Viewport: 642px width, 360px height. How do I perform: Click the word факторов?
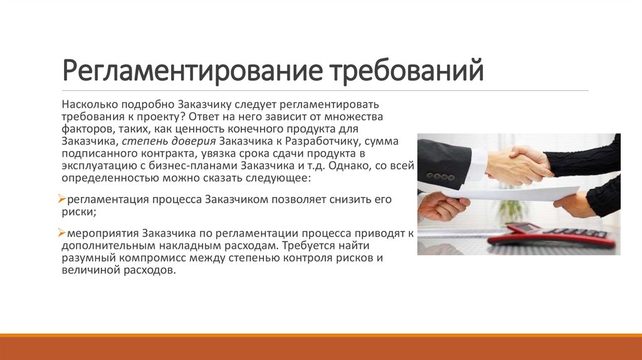[85, 129]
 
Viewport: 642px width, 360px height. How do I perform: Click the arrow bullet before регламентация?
[62, 199]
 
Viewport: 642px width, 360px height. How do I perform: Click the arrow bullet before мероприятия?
[62, 233]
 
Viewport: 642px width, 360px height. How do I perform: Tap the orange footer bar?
[321, 348]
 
